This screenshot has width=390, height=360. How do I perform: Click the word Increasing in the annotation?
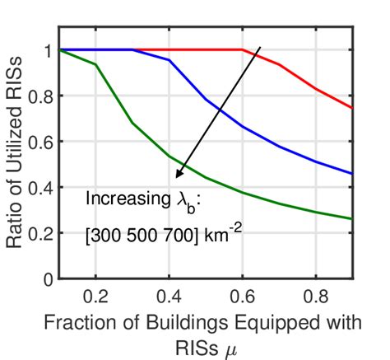(x=125, y=199)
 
